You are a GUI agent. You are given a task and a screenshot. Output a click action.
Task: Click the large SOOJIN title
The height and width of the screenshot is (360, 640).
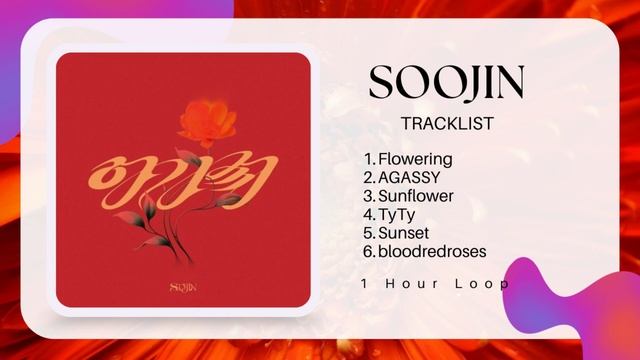point(446,82)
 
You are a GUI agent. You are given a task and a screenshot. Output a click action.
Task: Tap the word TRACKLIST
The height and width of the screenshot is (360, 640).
point(446,124)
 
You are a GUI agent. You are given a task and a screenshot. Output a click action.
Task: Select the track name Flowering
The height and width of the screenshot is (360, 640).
point(415,159)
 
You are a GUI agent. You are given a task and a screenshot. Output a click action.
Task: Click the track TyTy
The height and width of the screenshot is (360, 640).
point(397,214)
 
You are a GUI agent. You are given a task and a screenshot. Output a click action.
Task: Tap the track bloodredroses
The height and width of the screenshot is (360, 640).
point(431,251)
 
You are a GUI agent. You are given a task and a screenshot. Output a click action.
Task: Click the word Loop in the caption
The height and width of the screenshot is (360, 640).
point(485,284)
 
